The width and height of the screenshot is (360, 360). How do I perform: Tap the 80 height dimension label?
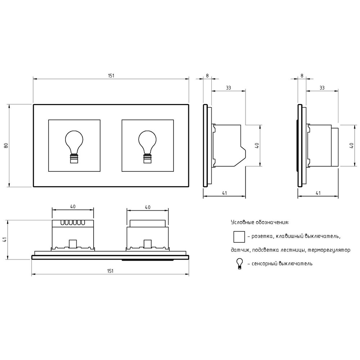pos(6,145)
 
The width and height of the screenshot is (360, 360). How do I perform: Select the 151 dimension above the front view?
pos(111,76)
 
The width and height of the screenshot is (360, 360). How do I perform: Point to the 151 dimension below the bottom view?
pos(110,271)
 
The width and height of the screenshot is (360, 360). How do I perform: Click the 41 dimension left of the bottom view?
pos(5,239)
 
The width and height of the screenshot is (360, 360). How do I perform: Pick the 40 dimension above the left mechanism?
pos(73,207)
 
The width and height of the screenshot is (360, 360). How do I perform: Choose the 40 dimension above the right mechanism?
pos(148,207)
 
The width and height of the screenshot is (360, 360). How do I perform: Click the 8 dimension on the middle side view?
pos(207,76)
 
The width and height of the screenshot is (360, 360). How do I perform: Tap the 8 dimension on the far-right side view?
pos(302,76)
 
